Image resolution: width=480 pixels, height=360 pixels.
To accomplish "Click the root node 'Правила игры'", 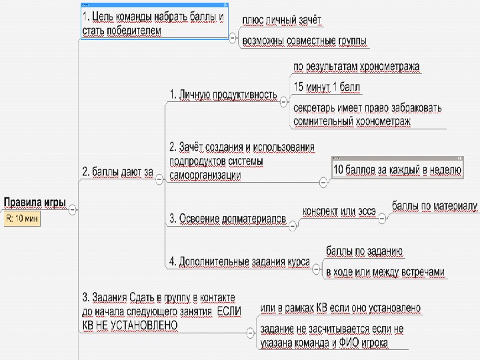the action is [x=35, y=202].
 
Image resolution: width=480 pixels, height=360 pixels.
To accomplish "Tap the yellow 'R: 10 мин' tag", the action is [x=21, y=218].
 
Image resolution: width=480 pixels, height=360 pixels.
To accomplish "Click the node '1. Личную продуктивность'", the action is [x=223, y=95].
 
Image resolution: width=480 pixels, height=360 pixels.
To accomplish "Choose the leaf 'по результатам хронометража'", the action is [x=356, y=67].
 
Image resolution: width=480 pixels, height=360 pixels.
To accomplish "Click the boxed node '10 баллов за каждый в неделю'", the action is [x=397, y=170].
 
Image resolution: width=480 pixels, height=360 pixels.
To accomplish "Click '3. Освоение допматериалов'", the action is [x=227, y=218].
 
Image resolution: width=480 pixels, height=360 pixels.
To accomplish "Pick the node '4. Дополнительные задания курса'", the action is [x=239, y=262].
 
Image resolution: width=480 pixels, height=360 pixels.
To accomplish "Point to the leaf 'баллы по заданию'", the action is [x=364, y=251].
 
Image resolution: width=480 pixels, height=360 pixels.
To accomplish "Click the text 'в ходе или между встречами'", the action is [x=384, y=272].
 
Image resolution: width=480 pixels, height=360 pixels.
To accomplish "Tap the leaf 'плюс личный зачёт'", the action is [x=282, y=21].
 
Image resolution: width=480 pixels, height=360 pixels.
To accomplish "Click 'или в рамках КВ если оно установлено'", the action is [x=340, y=309].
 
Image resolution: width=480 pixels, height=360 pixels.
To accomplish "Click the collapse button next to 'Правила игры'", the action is [x=73, y=209].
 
